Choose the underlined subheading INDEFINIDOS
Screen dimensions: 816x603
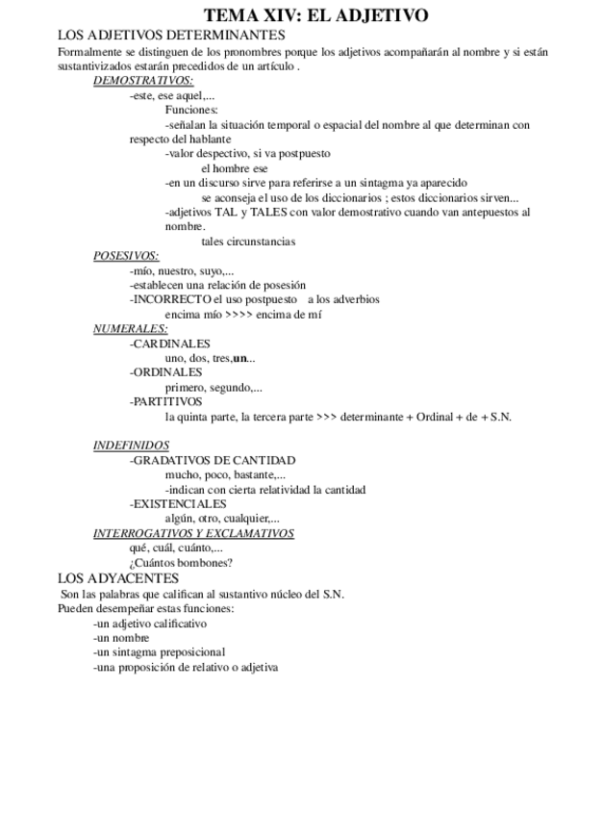pyautogui.click(x=131, y=446)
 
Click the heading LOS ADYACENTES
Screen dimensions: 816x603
pyautogui.click(x=117, y=578)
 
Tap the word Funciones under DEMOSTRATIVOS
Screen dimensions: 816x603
pyautogui.click(x=191, y=111)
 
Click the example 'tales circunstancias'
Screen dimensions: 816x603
pyautogui.click(x=241, y=242)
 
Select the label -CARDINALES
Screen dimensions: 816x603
pyautogui.click(x=169, y=344)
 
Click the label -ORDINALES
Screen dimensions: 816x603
pyautogui.click(x=165, y=372)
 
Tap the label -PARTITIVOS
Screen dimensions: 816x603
pyautogui.click(x=165, y=401)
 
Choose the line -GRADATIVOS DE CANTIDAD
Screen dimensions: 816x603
pyautogui.click(x=212, y=460)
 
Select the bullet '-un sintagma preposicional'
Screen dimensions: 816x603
pyautogui.click(x=159, y=651)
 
